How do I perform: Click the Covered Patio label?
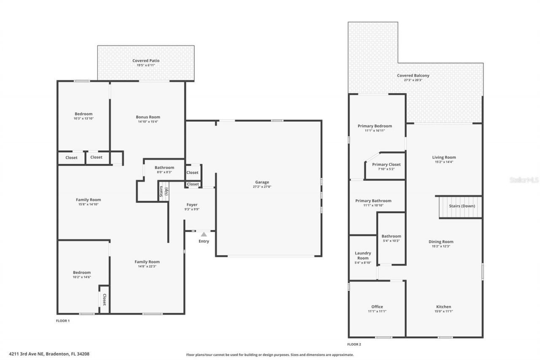[x=146, y=61]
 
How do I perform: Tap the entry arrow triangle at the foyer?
[x=204, y=234]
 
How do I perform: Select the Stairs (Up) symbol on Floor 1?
[x=163, y=191]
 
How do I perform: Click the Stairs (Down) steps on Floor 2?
[x=460, y=208]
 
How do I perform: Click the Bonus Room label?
[x=148, y=117]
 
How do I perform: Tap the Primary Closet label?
[x=386, y=164]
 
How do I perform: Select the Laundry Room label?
[x=363, y=255]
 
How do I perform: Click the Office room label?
[x=377, y=307]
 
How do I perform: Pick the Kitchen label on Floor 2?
[x=443, y=307]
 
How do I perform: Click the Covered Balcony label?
[x=413, y=76]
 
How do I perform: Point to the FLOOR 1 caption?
[x=63, y=321]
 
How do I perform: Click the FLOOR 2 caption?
[x=354, y=344]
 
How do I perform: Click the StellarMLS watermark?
[x=524, y=180]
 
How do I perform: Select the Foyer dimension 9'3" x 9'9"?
[x=192, y=209]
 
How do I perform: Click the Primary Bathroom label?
[x=373, y=201]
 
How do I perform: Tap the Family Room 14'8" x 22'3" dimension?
[x=147, y=266]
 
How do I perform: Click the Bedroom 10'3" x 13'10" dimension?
[x=84, y=118]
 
